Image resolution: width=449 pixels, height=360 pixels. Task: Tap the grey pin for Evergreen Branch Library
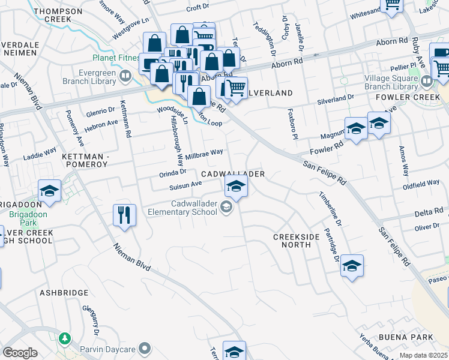point(125,76)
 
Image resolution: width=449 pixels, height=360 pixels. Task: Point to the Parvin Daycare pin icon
point(145,347)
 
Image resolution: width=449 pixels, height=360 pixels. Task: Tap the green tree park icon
point(64,339)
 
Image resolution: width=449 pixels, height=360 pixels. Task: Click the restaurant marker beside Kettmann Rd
point(124,214)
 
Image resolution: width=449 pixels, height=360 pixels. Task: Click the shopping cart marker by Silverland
point(235,88)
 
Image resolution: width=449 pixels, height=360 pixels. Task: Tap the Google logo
point(20,353)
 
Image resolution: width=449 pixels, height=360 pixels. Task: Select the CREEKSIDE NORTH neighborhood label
point(297,241)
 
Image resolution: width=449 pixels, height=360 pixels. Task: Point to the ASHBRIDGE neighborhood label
point(64,293)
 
